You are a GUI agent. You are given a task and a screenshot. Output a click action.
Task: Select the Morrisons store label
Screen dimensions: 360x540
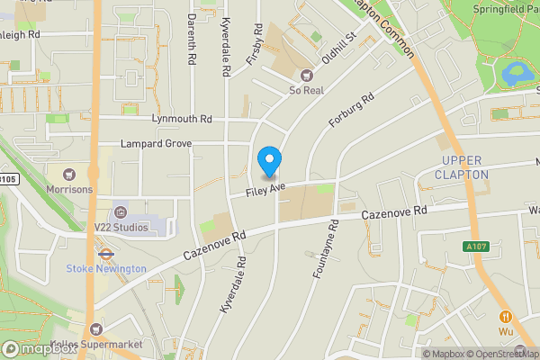click(x=93, y=190)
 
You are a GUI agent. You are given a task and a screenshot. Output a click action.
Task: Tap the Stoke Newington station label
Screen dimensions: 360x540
click(x=106, y=268)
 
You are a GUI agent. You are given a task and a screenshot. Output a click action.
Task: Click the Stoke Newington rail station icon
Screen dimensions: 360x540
click(x=105, y=253)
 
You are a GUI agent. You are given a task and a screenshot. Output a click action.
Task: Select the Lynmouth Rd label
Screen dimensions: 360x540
click(x=182, y=119)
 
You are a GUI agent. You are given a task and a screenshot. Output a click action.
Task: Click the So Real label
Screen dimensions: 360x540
click(x=306, y=90)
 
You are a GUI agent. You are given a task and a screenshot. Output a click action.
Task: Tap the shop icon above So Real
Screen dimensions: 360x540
click(x=306, y=75)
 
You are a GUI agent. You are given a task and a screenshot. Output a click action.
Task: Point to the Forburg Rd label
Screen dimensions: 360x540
click(x=351, y=113)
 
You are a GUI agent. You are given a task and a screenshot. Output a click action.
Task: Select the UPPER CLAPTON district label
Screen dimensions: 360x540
click(x=463, y=166)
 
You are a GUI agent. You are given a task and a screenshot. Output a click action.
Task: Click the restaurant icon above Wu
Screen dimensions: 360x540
click(x=506, y=316)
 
